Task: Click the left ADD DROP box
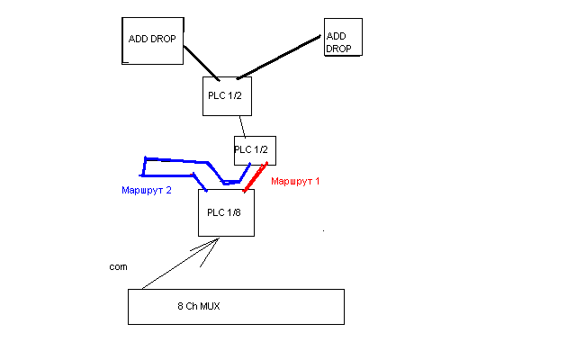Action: (152, 40)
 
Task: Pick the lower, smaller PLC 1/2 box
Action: (252, 149)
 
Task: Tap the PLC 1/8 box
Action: (226, 213)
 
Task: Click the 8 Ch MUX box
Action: (236, 306)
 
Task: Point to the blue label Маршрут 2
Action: (147, 191)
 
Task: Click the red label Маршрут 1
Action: (295, 181)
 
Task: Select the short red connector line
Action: (256, 177)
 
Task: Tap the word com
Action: (117, 267)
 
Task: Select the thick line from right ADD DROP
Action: (279, 57)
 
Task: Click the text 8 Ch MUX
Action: (199, 307)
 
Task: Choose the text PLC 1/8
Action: (224, 212)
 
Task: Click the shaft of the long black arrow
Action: (175, 265)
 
